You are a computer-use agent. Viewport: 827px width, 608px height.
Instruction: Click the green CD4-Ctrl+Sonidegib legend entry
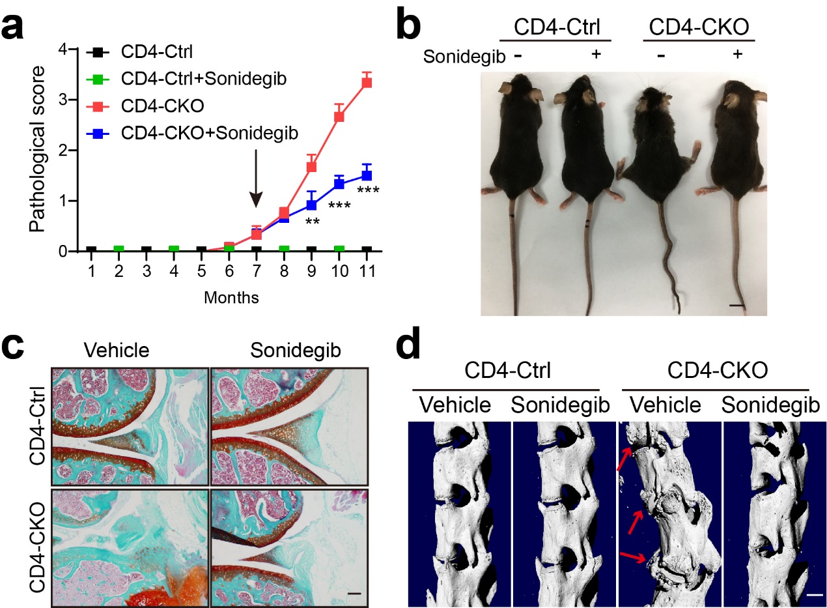(x=195, y=79)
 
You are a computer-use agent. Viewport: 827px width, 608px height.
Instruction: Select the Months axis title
(x=231, y=298)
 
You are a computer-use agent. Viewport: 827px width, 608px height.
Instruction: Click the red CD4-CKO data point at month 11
(x=367, y=82)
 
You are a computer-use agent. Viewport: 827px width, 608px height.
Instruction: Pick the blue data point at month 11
(x=367, y=175)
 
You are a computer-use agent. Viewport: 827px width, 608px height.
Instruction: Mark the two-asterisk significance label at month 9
(x=312, y=222)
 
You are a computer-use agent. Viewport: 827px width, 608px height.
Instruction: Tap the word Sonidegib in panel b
(x=463, y=56)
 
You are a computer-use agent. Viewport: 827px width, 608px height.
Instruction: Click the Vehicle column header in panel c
(x=117, y=350)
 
